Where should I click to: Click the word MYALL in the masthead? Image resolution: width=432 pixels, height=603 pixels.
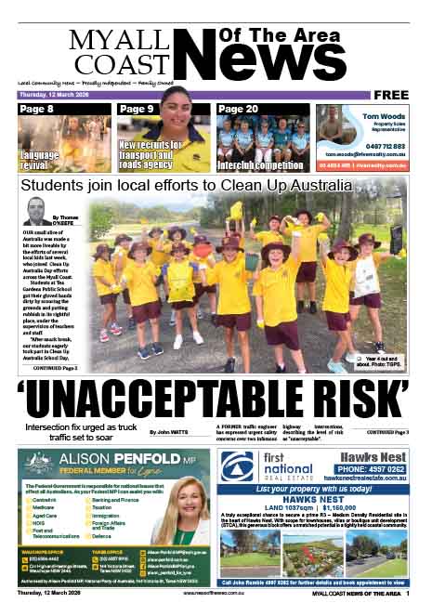109,42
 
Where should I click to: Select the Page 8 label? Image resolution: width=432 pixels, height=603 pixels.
37,110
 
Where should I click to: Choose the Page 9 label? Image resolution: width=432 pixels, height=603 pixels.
137,110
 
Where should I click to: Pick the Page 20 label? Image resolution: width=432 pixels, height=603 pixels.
238,110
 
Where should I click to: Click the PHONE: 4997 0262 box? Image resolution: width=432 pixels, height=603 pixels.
375,469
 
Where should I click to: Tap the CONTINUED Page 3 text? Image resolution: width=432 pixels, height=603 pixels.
387,433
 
